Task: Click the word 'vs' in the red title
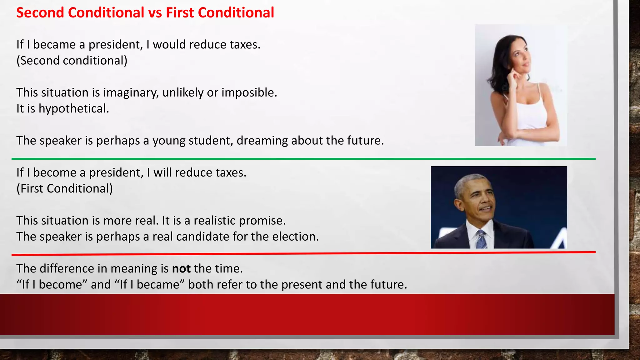coord(155,13)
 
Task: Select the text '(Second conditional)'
coord(72,61)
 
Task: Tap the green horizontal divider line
coord(303,159)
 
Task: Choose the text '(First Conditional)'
coord(65,189)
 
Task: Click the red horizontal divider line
coord(303,253)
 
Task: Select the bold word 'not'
coord(181,269)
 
